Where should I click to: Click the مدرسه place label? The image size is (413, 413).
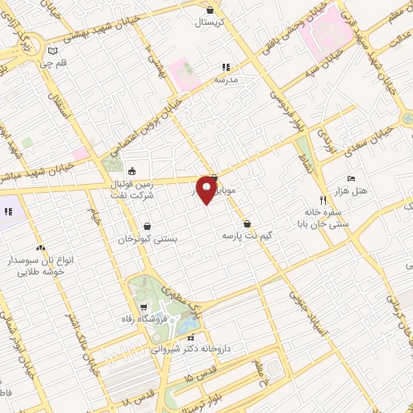(226, 81)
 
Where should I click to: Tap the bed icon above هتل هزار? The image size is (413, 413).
(350, 177)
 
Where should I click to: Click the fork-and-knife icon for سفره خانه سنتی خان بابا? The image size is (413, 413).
(322, 198)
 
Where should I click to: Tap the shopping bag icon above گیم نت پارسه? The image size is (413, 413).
(246, 223)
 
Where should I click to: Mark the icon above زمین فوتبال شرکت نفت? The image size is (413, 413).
(132, 170)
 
